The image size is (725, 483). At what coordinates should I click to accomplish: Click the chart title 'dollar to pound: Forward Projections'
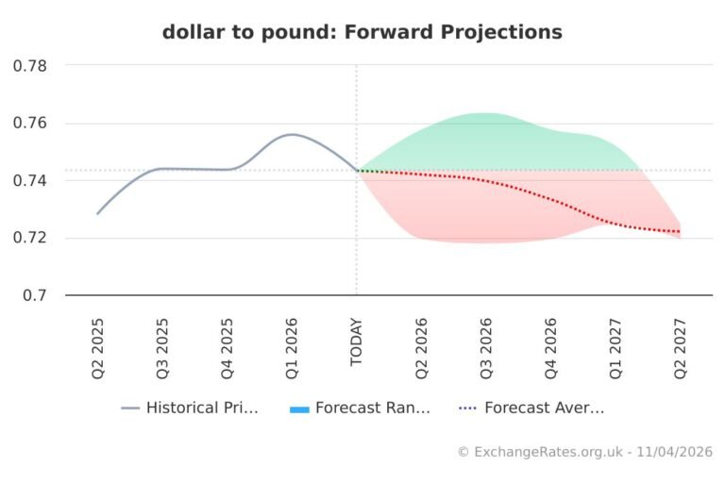pyautogui.click(x=362, y=32)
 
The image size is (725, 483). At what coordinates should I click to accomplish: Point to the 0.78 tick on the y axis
pyautogui.click(x=31, y=66)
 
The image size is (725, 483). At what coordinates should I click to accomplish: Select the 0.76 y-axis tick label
pyautogui.click(x=31, y=124)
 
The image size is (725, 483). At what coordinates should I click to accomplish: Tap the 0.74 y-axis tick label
pyautogui.click(x=31, y=180)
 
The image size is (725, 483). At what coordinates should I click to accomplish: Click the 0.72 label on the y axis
pyautogui.click(x=31, y=238)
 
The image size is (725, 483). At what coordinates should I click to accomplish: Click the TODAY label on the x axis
pyautogui.click(x=356, y=341)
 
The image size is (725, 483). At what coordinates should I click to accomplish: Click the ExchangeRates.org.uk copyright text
pyautogui.click(x=584, y=453)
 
